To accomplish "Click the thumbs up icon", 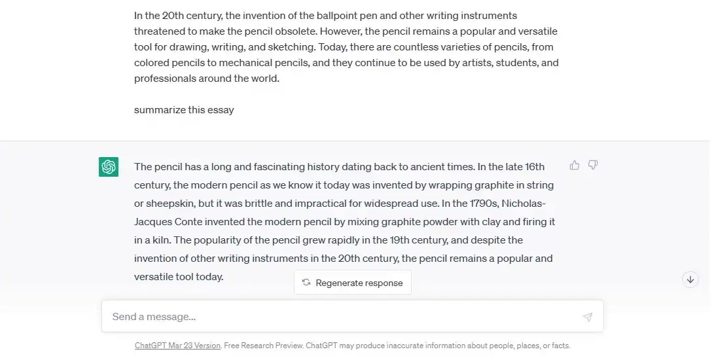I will [x=575, y=165].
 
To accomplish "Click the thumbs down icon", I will [x=593, y=165].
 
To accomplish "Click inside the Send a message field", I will [x=340, y=317].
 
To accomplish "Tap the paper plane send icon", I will [x=587, y=317].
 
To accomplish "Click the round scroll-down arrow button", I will [x=690, y=279].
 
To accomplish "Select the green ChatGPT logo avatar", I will [x=109, y=167].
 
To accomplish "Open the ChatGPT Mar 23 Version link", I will [x=177, y=346].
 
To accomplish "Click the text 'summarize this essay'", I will [x=184, y=110].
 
